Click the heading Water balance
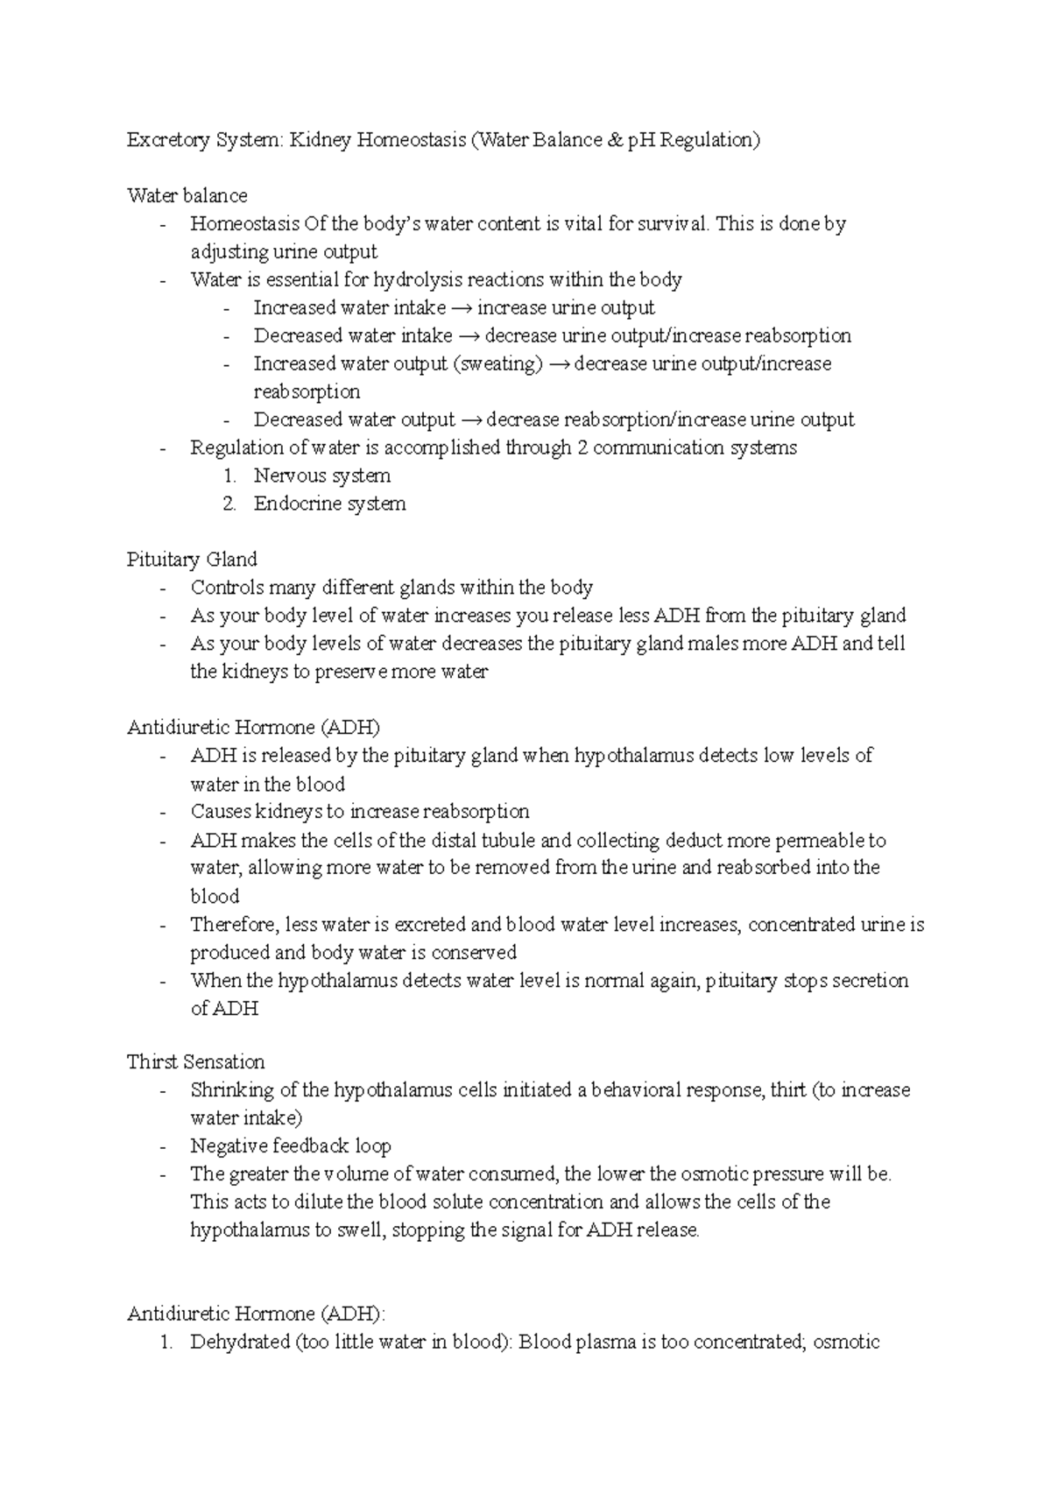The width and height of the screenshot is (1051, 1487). (x=187, y=195)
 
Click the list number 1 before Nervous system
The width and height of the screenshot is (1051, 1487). (x=229, y=476)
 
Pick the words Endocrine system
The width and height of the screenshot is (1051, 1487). (x=329, y=504)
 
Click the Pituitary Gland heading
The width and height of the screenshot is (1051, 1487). (x=192, y=560)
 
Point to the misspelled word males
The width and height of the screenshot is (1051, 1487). (x=712, y=645)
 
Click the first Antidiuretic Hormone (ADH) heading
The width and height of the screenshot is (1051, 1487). (x=253, y=728)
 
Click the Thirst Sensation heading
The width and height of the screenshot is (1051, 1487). (x=195, y=1062)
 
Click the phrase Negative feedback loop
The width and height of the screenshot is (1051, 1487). (x=291, y=1146)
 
